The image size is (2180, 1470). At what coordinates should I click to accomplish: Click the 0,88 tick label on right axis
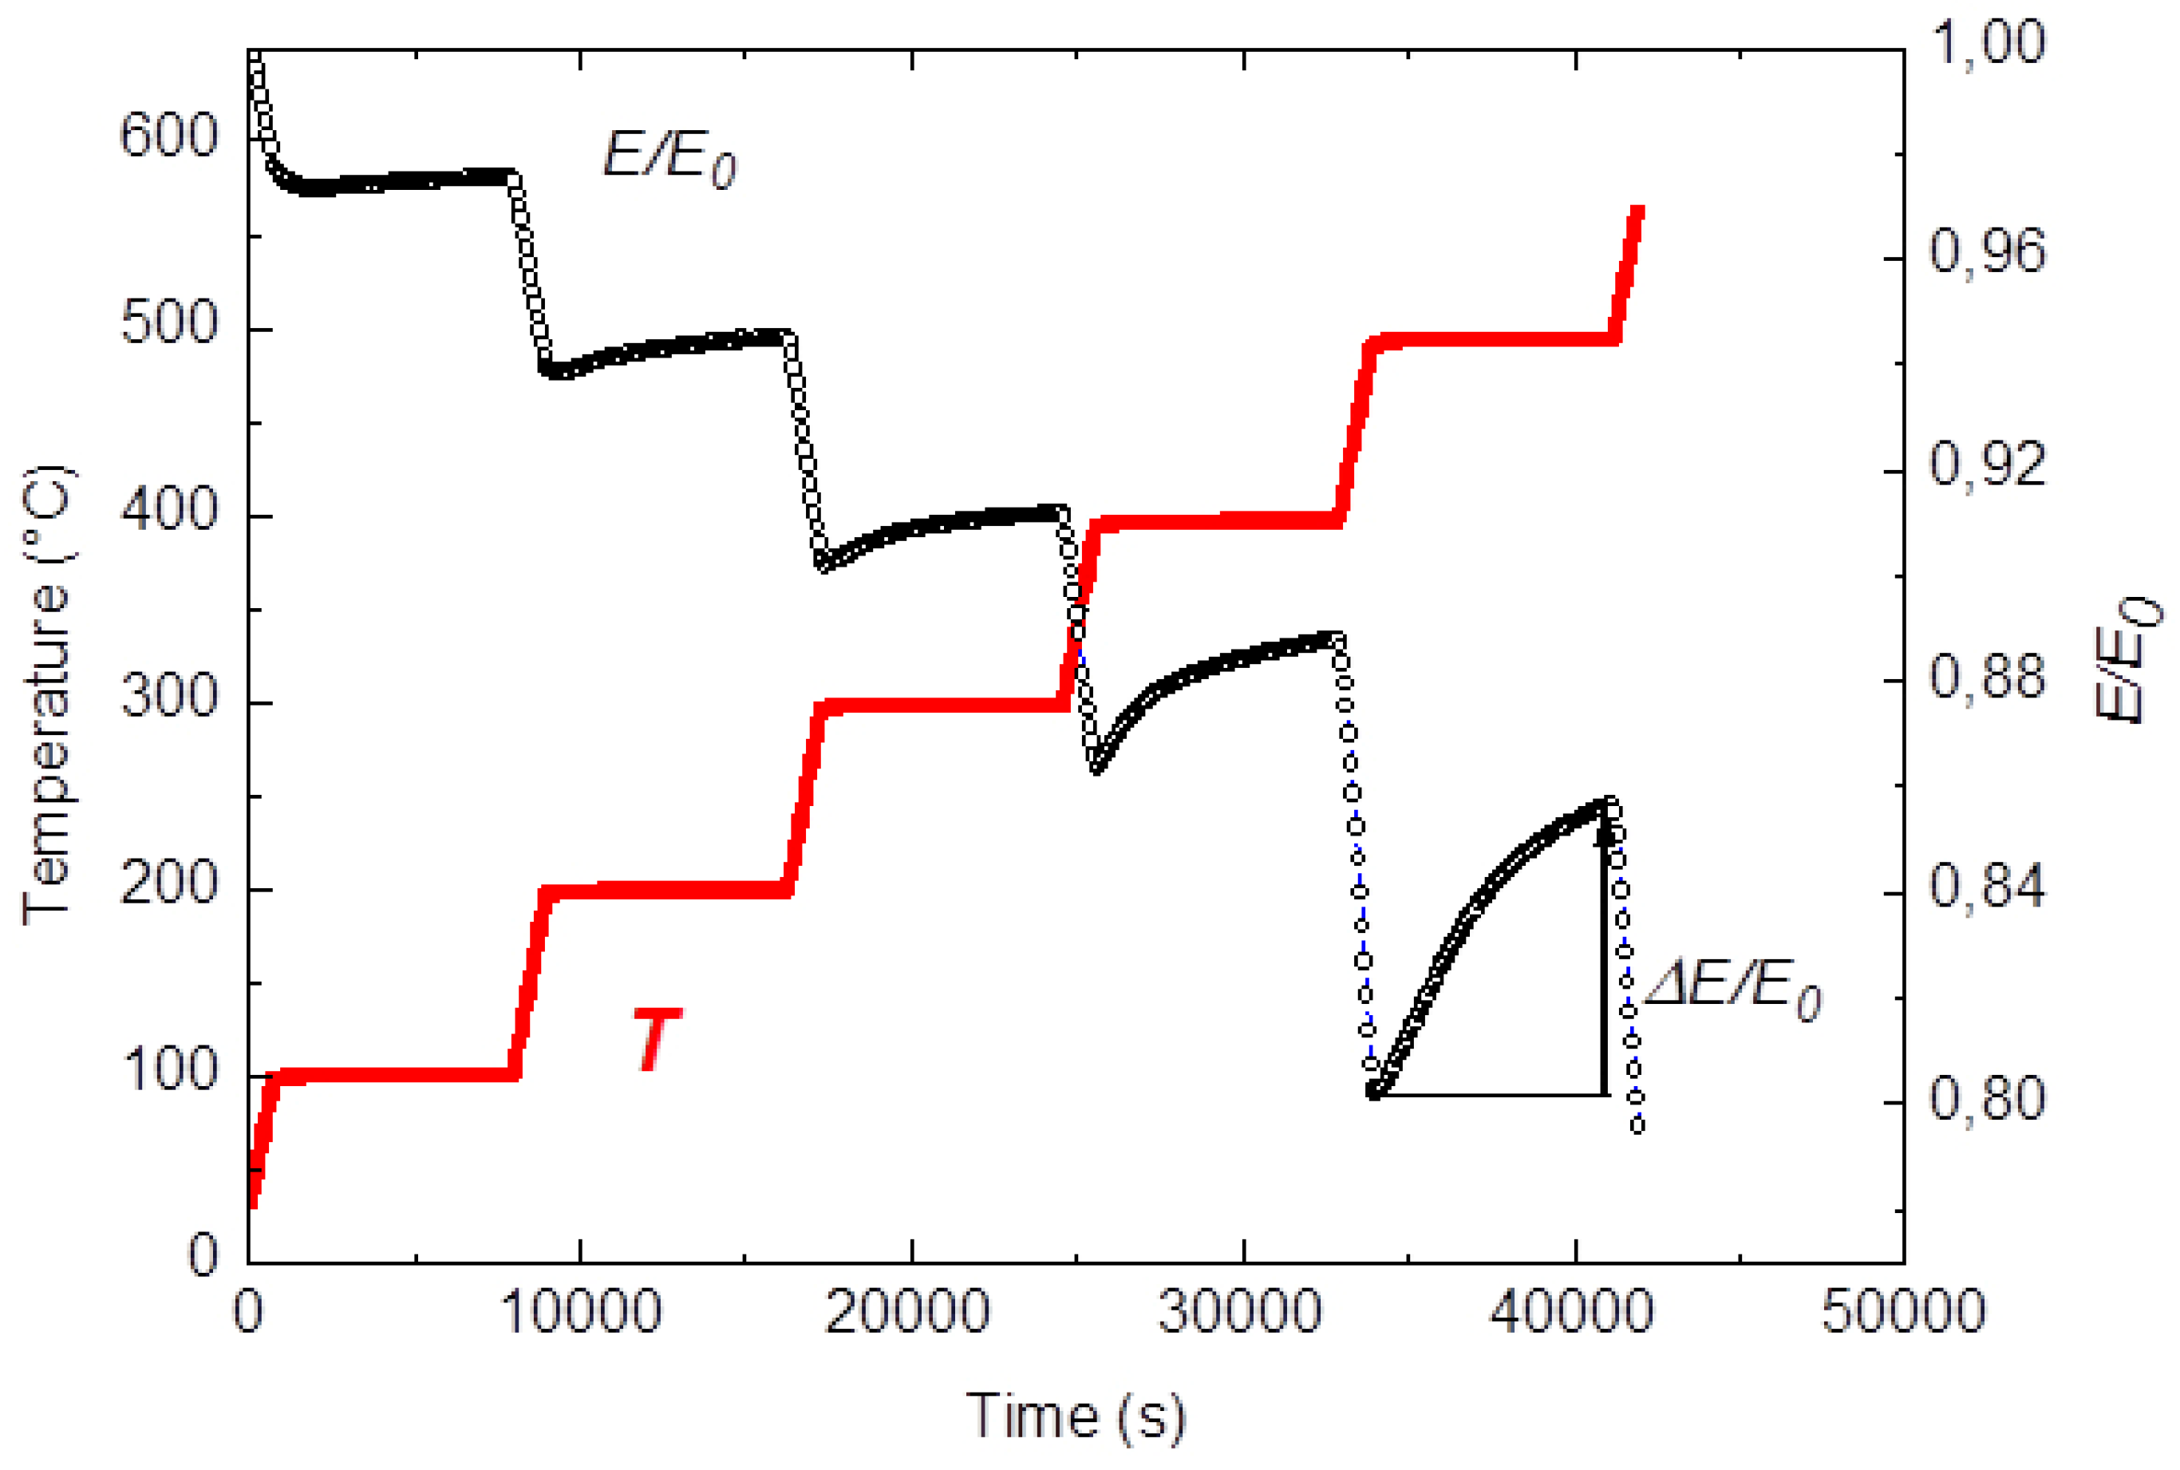(x=1988, y=677)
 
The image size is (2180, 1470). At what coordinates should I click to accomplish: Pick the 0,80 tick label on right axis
(x=1988, y=1100)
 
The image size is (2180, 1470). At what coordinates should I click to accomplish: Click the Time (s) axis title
(x=1076, y=1416)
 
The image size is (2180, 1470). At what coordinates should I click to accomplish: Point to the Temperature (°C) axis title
(x=47, y=694)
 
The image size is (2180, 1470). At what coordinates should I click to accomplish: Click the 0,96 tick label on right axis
(x=1988, y=253)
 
